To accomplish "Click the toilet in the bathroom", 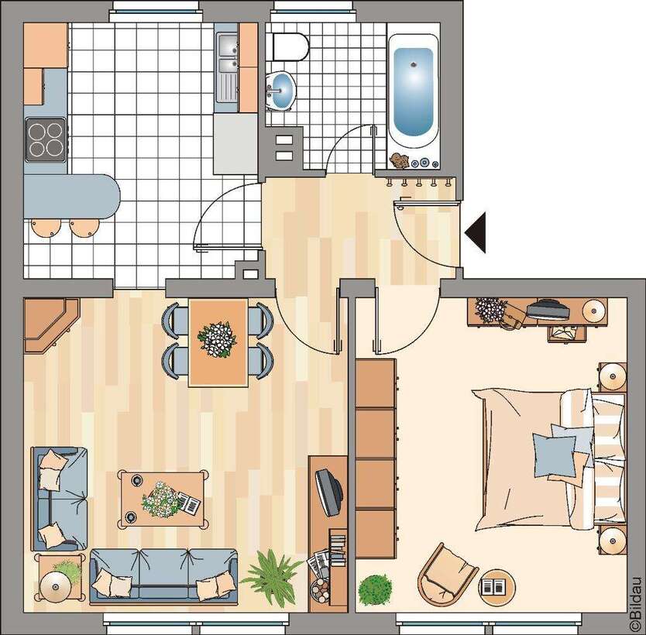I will click(290, 46).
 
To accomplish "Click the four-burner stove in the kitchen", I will click(45, 139).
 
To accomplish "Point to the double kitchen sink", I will click(226, 66).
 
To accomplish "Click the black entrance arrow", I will click(475, 232).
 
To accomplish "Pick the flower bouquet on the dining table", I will click(218, 339).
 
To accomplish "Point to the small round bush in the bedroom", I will click(376, 588).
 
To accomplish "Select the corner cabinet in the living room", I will click(48, 324).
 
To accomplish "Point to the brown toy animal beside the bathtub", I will click(400, 161).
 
